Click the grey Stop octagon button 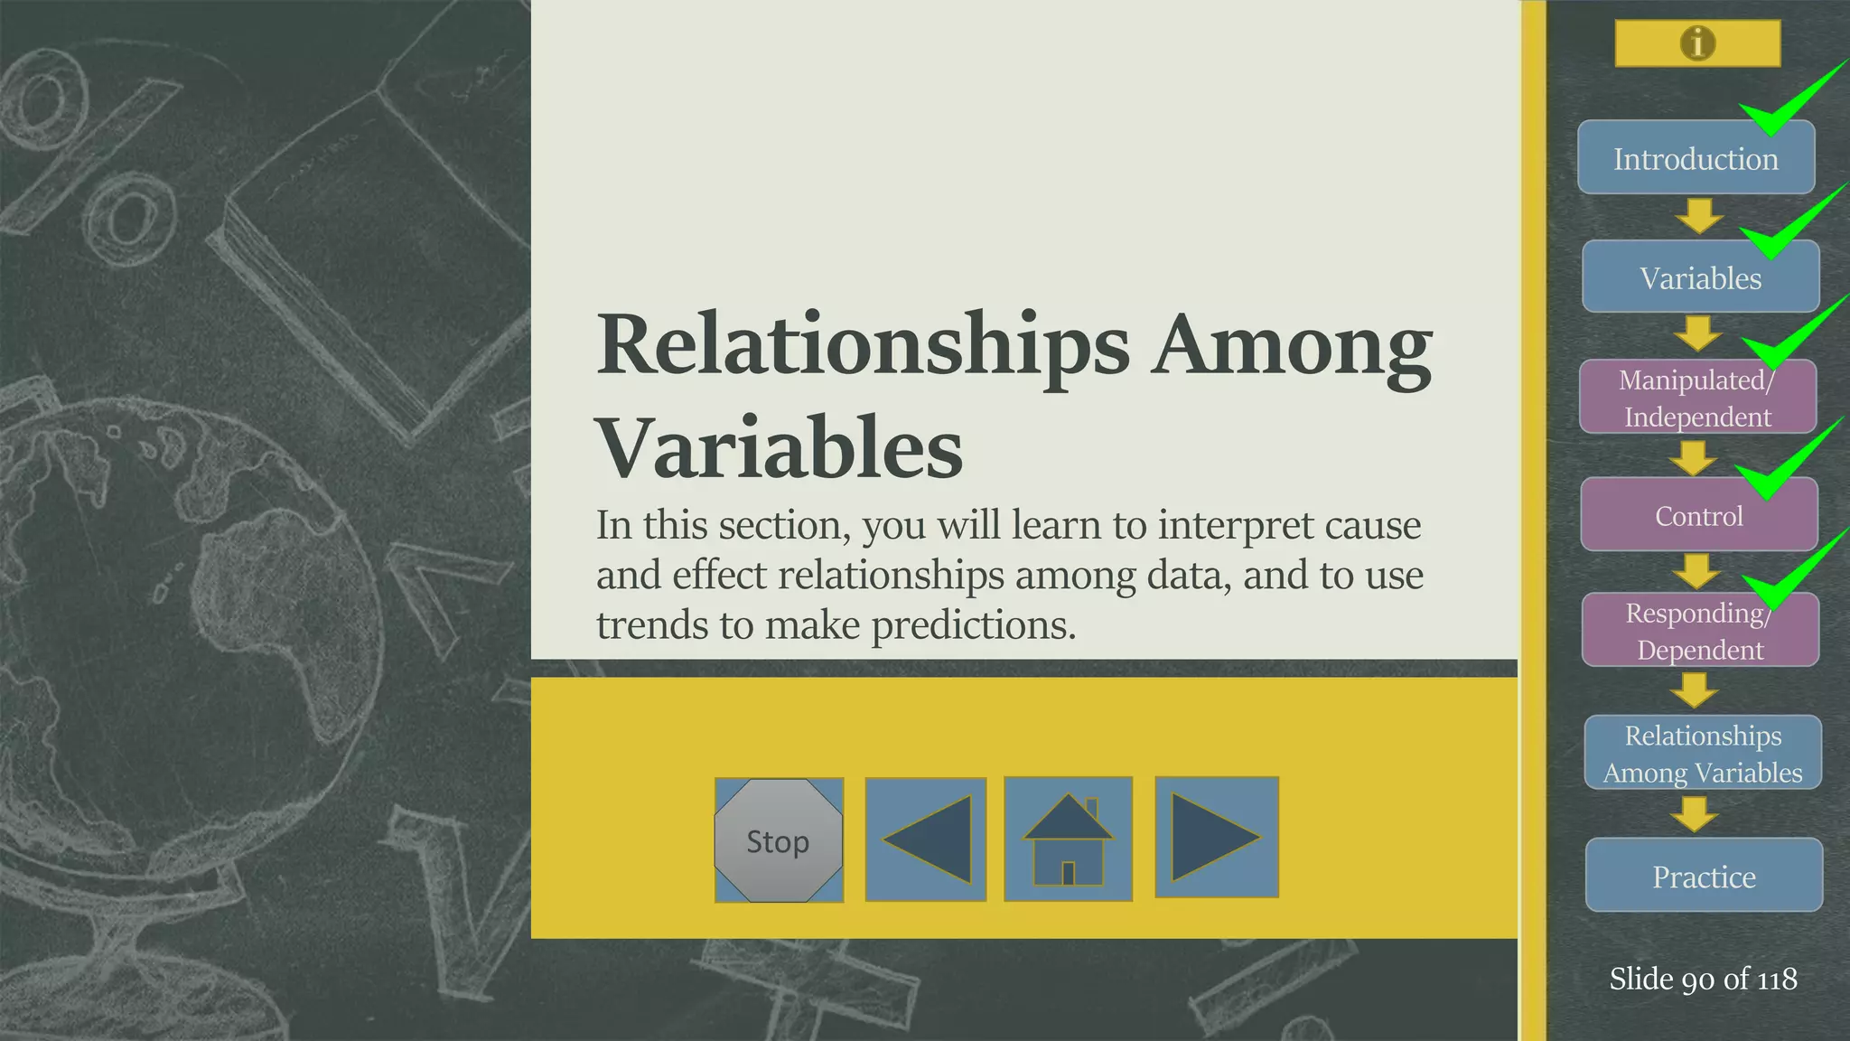pos(779,840)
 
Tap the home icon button pos(1068,839)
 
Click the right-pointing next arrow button pos(1216,837)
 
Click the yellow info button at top pos(1697,43)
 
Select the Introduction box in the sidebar pos(1696,159)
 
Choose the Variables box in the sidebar pos(1700,278)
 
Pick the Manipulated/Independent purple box pos(1697,399)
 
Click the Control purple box pos(1698,516)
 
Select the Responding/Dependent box pos(1699,632)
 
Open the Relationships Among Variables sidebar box pos(1703,754)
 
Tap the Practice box pos(1704,877)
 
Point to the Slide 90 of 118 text pos(1703,979)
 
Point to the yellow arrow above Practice pos(1694,813)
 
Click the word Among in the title pos(1292,346)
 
